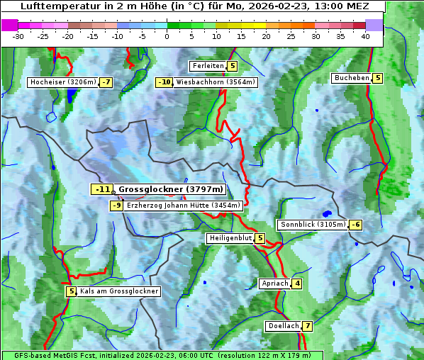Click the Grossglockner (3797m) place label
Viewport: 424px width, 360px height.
pyautogui.click(x=171, y=189)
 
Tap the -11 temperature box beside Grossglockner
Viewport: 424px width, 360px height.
pyautogui.click(x=103, y=189)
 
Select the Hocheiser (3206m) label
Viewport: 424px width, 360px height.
pyautogui.click(x=63, y=82)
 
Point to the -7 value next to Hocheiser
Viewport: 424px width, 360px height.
pyautogui.click(x=106, y=82)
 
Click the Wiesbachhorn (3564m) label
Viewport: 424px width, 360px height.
pyautogui.click(x=216, y=82)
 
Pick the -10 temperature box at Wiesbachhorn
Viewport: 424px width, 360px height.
pyautogui.click(x=164, y=82)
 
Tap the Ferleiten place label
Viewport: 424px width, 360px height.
pyautogui.click(x=208, y=66)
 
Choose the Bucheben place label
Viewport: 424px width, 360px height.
pyautogui.click(x=352, y=78)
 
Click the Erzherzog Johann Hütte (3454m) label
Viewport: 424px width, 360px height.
pyautogui.click(x=184, y=206)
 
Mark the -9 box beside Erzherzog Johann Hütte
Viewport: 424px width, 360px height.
pyautogui.click(x=117, y=206)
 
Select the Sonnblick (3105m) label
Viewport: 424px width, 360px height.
pyautogui.click(x=313, y=225)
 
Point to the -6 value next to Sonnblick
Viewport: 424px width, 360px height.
pyautogui.click(x=356, y=225)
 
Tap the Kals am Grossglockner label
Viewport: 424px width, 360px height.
pyautogui.click(x=118, y=291)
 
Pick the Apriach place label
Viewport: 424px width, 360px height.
pyautogui.click(x=274, y=283)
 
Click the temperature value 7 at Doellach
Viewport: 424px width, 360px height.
pyautogui.click(x=306, y=326)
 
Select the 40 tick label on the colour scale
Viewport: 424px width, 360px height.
pyautogui.click(x=365, y=36)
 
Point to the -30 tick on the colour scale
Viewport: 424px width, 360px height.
pyautogui.click(x=18, y=36)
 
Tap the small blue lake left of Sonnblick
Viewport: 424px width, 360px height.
pyautogui.click(x=327, y=213)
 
